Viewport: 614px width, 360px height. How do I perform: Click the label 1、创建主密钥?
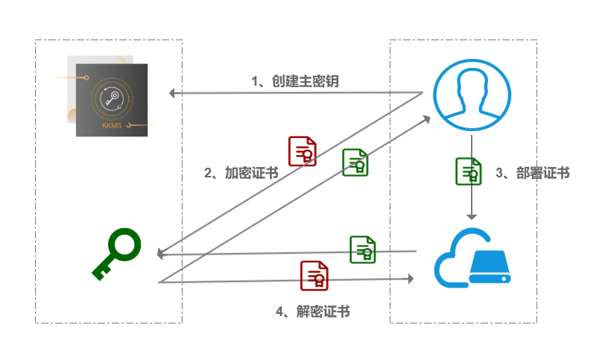tap(295, 81)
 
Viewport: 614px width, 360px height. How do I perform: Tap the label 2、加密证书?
tap(241, 173)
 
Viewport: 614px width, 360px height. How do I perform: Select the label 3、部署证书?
tap(533, 173)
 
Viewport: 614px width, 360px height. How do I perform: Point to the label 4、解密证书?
tap(312, 312)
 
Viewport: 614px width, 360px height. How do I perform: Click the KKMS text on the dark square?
tap(112, 126)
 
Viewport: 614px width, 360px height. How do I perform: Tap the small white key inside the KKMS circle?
tap(112, 98)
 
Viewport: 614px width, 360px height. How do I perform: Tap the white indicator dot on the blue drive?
tap(504, 279)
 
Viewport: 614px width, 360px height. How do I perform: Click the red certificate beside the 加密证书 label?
tap(303, 151)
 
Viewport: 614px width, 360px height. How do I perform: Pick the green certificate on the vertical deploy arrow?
tap(469, 171)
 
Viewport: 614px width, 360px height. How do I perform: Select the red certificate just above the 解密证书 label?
tap(314, 276)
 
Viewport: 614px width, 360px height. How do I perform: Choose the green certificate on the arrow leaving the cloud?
tap(363, 250)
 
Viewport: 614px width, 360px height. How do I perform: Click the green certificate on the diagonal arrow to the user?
tap(355, 162)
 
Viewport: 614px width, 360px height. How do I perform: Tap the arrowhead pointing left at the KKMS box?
tap(171, 93)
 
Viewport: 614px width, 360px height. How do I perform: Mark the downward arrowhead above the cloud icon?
tap(472, 217)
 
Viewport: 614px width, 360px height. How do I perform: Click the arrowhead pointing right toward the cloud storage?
tap(411, 279)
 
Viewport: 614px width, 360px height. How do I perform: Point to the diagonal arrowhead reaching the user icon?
tap(426, 119)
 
